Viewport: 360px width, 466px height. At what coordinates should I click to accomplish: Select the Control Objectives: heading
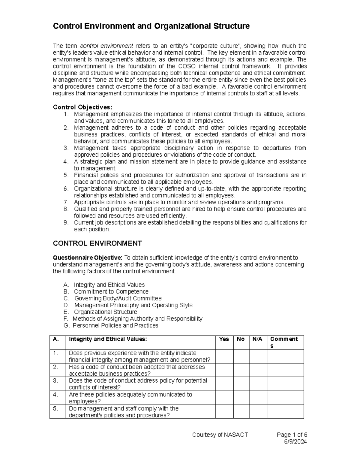click(82, 107)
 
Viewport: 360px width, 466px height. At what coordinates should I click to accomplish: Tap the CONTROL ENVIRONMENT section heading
click(97, 243)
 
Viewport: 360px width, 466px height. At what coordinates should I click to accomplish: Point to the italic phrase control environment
click(106, 46)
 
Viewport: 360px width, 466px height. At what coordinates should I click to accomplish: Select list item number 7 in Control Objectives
click(179, 202)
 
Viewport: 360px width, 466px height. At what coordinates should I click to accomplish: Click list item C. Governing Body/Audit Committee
click(118, 298)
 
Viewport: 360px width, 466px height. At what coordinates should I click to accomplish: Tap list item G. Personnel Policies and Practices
click(115, 326)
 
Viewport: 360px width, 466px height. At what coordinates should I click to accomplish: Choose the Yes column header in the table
click(224, 339)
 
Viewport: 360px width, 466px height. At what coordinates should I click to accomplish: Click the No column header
click(241, 339)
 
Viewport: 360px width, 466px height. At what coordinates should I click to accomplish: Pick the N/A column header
click(257, 339)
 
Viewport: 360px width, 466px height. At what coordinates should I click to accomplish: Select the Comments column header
click(284, 342)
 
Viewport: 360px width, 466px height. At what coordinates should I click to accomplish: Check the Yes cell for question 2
click(224, 370)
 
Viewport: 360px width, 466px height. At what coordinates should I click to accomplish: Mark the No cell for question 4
click(241, 398)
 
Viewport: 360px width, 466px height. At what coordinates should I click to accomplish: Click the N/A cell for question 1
click(258, 356)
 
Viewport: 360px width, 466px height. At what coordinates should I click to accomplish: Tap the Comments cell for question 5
click(285, 411)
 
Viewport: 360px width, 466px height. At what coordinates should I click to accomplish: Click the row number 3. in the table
click(55, 380)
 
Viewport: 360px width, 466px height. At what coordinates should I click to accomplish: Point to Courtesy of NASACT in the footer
click(220, 435)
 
